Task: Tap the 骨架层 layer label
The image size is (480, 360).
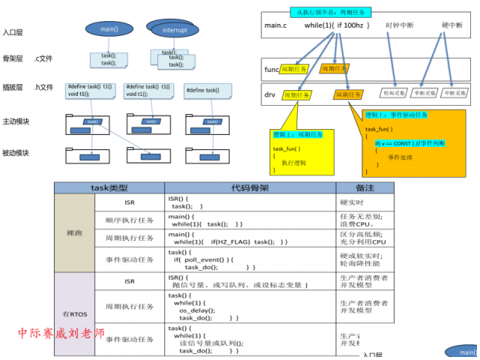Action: click(13, 58)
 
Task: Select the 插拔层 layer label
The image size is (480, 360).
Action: click(13, 88)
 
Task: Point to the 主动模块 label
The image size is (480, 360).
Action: click(16, 121)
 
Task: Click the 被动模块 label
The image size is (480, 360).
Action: click(16, 153)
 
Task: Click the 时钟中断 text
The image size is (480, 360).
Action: click(400, 25)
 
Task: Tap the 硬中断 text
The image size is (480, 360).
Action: click(452, 25)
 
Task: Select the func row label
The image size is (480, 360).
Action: click(271, 70)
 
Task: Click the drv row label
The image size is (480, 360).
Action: click(269, 94)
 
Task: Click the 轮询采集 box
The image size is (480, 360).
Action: click(394, 94)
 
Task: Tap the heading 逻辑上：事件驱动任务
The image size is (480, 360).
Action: click(397, 115)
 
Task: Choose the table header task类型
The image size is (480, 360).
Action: click(109, 187)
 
